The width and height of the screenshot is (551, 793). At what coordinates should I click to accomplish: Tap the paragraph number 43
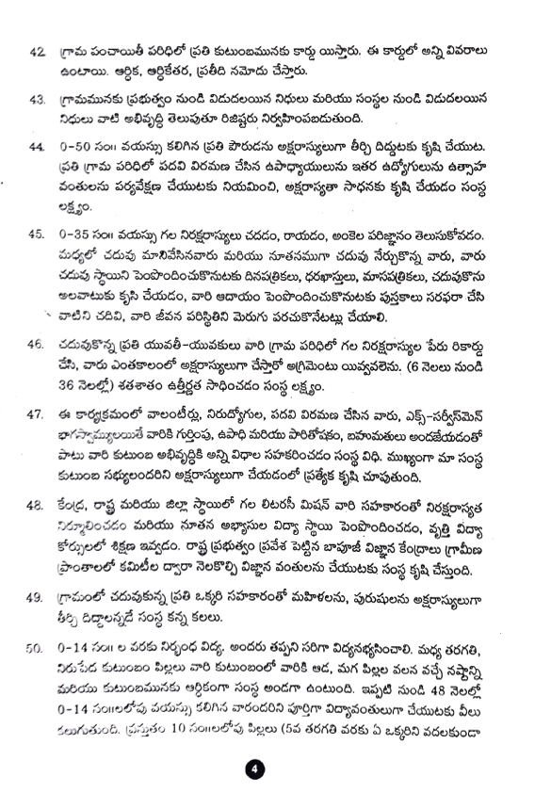[x=38, y=98]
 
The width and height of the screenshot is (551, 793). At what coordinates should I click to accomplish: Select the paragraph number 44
[x=38, y=148]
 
